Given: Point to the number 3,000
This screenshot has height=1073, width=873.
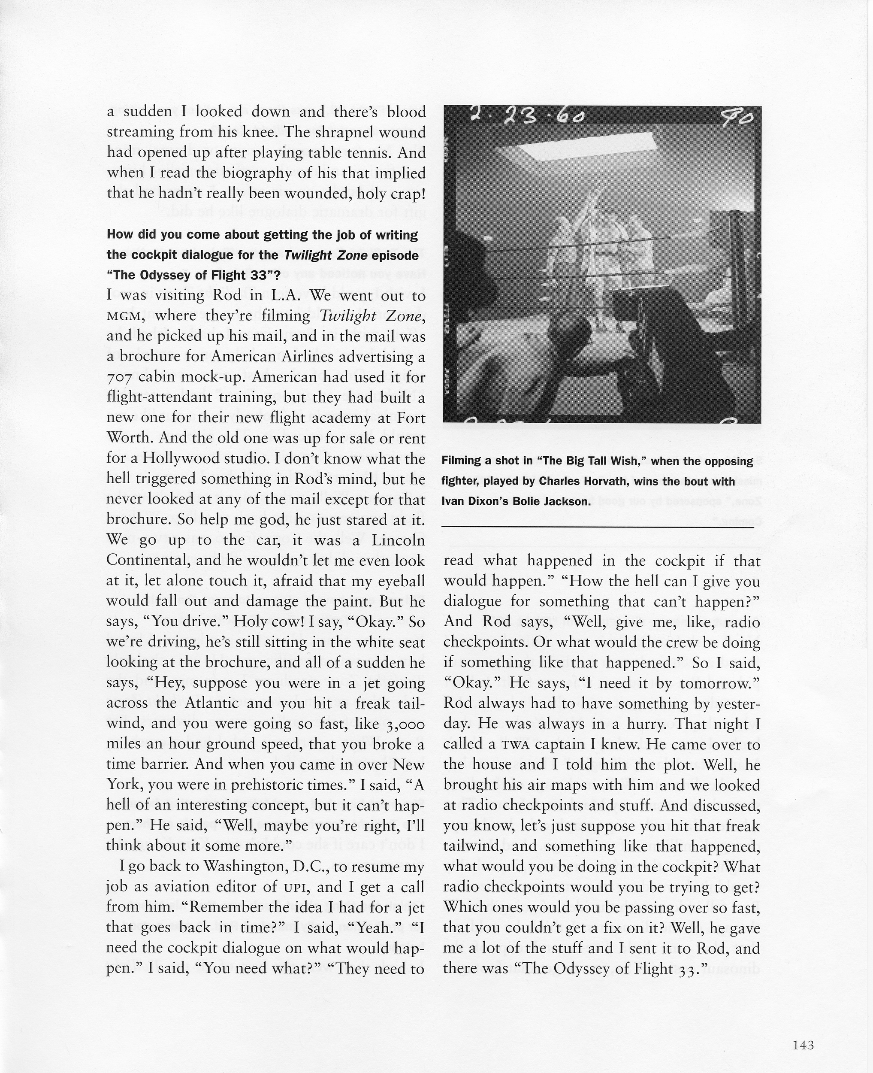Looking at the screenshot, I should click(398, 724).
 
